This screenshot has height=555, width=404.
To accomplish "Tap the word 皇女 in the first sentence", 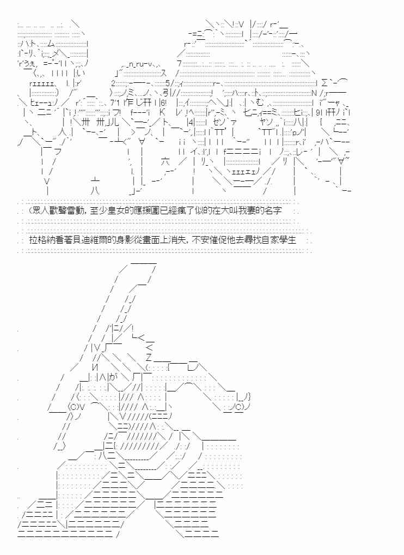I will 118,210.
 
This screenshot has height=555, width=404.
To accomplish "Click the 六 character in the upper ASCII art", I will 166,161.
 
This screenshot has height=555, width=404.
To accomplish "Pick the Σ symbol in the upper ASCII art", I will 325,83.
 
